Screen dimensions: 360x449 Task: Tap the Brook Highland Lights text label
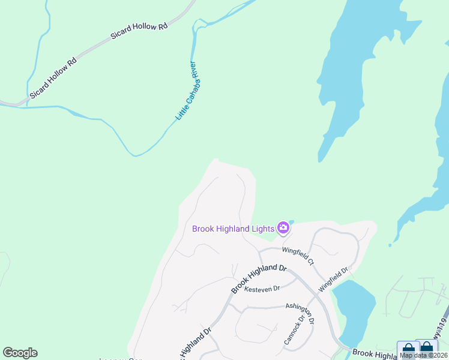click(x=233, y=229)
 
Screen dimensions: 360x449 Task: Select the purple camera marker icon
click(x=283, y=227)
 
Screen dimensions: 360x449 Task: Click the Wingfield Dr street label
click(x=333, y=280)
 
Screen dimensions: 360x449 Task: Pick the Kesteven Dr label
click(x=262, y=289)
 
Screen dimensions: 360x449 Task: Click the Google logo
click(x=20, y=353)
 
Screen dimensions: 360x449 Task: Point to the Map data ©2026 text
click(x=424, y=355)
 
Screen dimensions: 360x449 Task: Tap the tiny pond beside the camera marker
click(x=292, y=223)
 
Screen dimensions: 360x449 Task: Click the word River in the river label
click(x=194, y=71)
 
